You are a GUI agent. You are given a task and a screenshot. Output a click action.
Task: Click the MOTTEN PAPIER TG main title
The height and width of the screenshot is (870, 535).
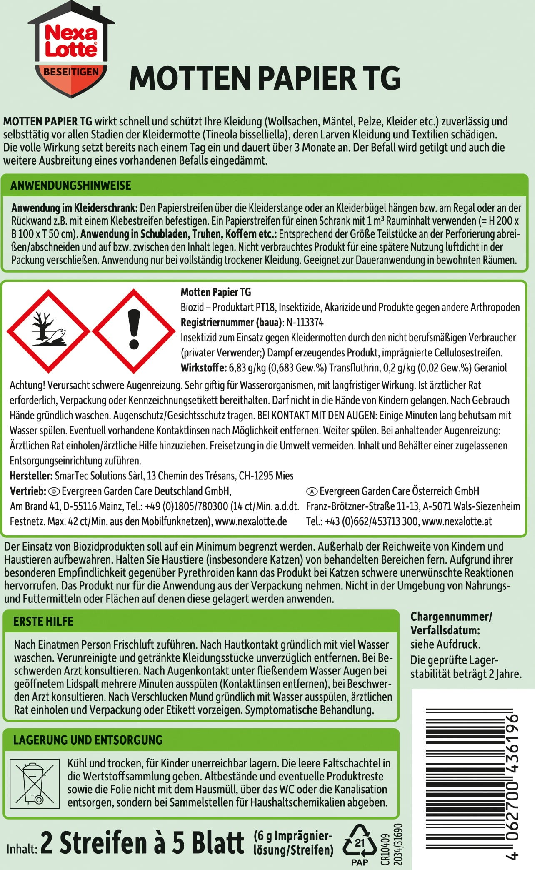(265, 78)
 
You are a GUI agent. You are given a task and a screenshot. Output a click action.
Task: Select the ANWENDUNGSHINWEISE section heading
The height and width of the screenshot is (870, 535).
(71, 186)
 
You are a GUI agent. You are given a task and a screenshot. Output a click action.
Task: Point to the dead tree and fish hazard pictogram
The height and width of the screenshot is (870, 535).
(49, 331)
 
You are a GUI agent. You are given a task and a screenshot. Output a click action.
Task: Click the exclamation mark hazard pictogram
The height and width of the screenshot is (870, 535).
(134, 331)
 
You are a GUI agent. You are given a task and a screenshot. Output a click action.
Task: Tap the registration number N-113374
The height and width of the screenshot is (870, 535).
(305, 323)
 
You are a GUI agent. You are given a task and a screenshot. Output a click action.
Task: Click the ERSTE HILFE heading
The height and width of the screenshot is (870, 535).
(43, 622)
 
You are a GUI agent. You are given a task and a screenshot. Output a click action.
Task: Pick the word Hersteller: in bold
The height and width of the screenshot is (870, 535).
(31, 476)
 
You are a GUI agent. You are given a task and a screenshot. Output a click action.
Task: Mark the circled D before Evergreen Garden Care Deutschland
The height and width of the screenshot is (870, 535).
(55, 491)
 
